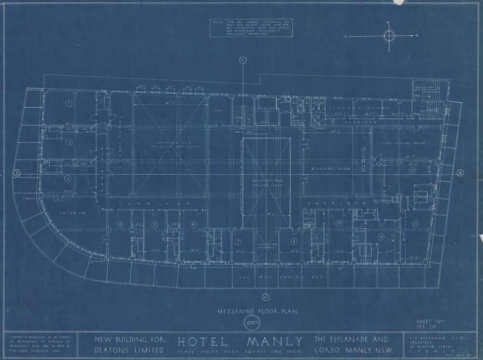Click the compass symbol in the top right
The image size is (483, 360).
[389, 36]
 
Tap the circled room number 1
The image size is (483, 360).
[69, 103]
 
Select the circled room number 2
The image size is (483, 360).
[69, 142]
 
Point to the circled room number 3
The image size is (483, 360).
[68, 179]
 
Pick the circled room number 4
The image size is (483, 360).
[119, 224]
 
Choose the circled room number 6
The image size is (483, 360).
[193, 224]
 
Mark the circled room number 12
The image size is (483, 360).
[412, 171]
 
